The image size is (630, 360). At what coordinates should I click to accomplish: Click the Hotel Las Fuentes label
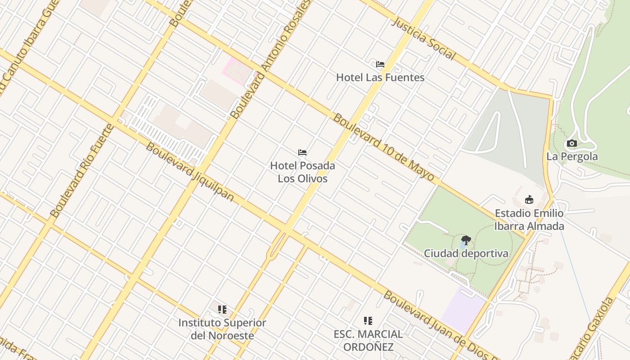(380, 77)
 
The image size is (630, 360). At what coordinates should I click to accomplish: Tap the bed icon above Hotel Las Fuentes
(380, 64)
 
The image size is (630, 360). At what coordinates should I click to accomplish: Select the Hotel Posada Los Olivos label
(302, 172)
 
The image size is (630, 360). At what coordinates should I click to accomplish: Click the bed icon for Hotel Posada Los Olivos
(302, 153)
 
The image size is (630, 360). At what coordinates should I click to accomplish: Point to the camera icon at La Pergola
(572, 144)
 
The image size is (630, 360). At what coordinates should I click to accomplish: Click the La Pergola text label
(572, 157)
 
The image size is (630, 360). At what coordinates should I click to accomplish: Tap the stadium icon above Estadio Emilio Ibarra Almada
(529, 199)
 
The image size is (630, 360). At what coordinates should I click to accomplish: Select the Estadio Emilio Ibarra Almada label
(529, 219)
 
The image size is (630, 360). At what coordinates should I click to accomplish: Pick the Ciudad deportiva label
(466, 253)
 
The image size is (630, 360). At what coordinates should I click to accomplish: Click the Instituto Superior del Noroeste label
(222, 329)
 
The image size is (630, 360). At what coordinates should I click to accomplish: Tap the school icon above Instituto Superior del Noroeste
(222, 310)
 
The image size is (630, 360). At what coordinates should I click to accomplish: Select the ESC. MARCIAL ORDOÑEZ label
(368, 341)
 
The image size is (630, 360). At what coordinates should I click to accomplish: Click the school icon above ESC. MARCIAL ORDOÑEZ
(368, 321)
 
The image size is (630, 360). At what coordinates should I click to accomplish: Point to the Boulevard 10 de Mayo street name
(384, 147)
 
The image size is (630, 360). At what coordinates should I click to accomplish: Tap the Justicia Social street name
(423, 39)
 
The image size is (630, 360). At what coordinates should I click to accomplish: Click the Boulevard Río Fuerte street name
(82, 171)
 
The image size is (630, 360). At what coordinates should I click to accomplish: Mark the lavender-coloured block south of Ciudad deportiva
(463, 310)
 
